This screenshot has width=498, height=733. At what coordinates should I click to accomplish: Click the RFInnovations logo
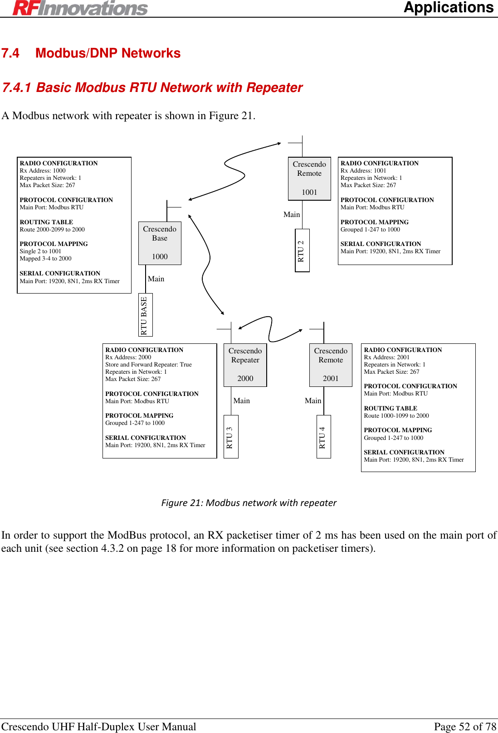click(80, 8)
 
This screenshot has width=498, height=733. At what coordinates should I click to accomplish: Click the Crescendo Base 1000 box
click(160, 243)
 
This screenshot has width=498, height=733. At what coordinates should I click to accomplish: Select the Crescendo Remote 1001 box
click(309, 178)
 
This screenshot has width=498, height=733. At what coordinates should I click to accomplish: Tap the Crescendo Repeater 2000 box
click(245, 365)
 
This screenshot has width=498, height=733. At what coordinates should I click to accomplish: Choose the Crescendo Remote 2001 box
click(331, 365)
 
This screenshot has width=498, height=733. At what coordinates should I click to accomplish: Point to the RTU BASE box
click(145, 315)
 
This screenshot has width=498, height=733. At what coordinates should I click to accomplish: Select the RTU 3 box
click(230, 437)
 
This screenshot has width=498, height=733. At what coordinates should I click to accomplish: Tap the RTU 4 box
click(323, 437)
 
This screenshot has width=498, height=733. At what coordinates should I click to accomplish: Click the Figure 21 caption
click(249, 503)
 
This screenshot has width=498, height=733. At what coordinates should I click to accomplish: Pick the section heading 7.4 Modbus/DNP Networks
click(91, 53)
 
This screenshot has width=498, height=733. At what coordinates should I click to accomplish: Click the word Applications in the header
click(448, 8)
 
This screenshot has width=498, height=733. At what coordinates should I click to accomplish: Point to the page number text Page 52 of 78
click(465, 726)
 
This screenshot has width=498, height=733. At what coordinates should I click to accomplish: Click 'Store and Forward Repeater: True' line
click(148, 364)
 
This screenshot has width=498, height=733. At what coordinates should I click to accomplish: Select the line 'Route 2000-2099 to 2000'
click(52, 229)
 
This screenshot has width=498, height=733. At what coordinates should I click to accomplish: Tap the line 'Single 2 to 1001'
click(40, 251)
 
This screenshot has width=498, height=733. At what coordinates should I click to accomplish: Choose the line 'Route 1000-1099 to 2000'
click(396, 415)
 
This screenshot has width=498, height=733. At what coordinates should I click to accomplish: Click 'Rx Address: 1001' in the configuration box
click(363, 171)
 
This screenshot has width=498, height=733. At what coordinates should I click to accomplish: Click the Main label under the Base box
click(156, 279)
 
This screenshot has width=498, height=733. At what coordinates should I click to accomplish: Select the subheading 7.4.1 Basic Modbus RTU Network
click(152, 87)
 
